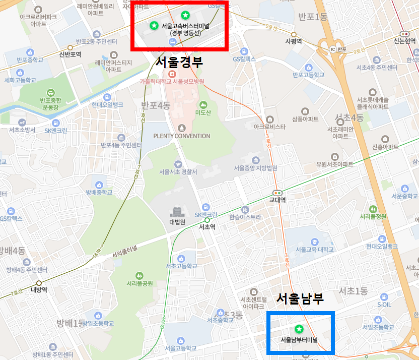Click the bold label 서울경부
(x=180, y=62)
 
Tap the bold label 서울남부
(x=300, y=298)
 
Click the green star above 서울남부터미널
(x=299, y=329)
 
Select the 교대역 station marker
(x=277, y=192)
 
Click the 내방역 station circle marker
(x=39, y=283)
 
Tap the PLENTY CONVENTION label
(x=182, y=136)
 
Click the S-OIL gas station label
(x=384, y=305)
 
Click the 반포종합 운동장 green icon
(x=50, y=93)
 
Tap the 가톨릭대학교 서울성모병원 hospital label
(x=172, y=81)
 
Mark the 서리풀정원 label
(x=373, y=217)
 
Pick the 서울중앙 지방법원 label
(x=255, y=168)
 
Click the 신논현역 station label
(x=405, y=41)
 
